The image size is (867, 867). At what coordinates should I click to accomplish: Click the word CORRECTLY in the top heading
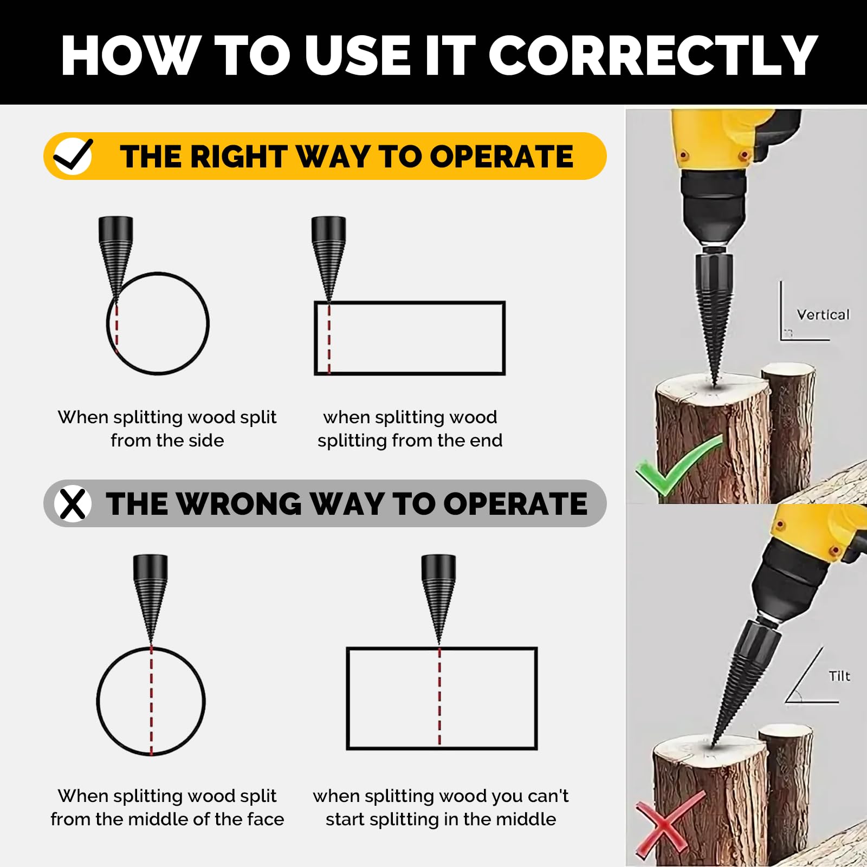653,55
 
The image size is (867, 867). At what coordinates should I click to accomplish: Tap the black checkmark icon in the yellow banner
73,156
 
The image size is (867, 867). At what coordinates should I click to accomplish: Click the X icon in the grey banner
73,504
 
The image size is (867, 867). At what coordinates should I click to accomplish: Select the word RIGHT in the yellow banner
239,157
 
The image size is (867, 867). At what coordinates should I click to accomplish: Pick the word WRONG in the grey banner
238,504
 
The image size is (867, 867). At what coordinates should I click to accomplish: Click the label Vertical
823,315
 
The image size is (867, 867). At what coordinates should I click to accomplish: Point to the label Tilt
839,676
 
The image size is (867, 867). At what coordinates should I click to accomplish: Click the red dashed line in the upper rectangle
329,338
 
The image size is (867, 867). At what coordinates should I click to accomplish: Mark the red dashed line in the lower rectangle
439,697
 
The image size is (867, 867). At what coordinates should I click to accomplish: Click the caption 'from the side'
167,441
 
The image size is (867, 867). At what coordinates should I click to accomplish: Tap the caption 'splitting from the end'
410,441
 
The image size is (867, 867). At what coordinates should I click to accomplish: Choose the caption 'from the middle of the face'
167,819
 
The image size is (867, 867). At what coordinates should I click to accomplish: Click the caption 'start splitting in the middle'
441,819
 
